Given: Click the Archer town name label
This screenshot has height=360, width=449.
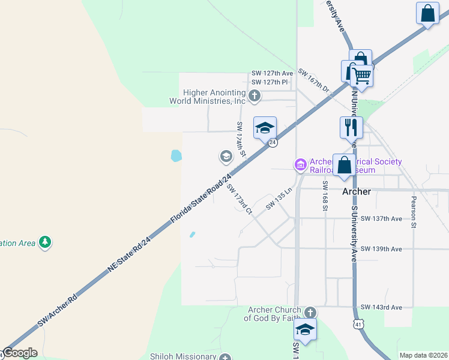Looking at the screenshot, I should click(x=357, y=191).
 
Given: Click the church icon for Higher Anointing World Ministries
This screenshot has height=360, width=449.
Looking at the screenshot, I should click(x=255, y=95).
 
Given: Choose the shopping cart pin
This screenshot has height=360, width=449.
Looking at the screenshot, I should click(x=361, y=75).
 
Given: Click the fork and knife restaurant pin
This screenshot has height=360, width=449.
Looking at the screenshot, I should click(x=351, y=127).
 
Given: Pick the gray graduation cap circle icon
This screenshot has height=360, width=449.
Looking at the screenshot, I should click(x=226, y=157).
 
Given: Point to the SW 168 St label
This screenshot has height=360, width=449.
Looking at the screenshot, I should click(x=325, y=196).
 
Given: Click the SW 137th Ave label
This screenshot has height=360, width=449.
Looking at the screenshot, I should click(x=381, y=219).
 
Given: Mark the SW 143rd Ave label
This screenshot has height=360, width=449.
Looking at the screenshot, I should click(x=381, y=307).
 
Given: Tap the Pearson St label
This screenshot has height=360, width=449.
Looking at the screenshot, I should click(x=414, y=212).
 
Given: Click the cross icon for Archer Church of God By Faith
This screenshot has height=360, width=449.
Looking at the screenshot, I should click(x=310, y=313).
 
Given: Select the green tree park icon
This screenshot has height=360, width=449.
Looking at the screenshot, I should click(x=44, y=242).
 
